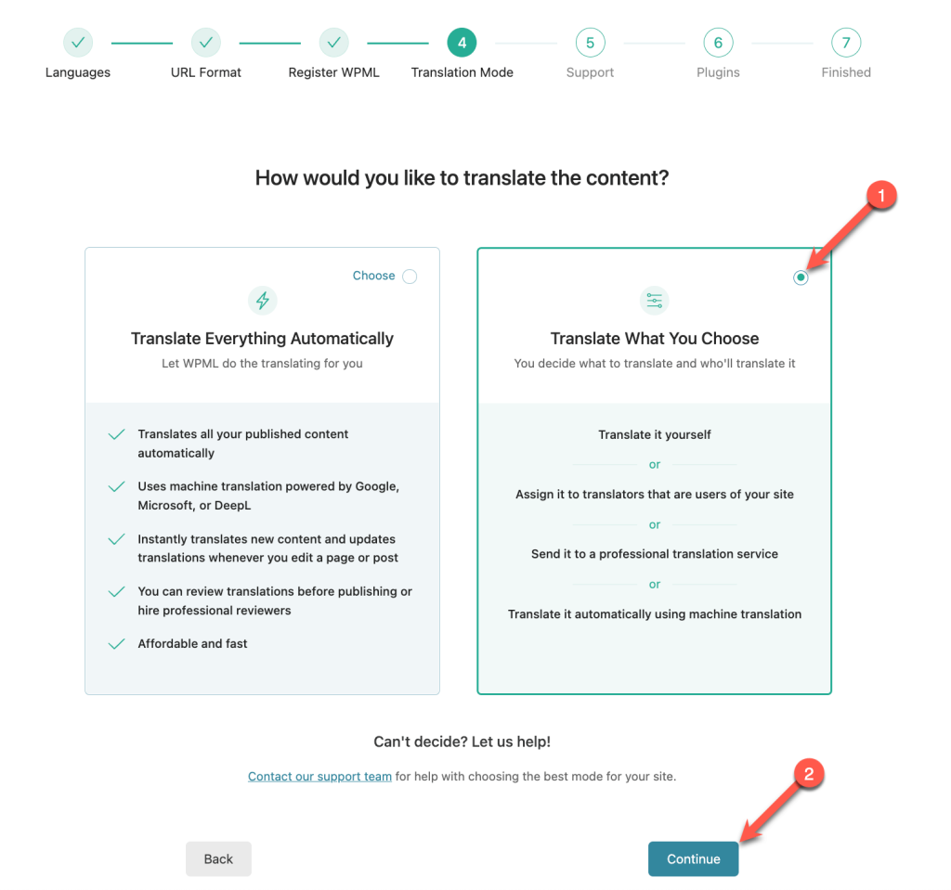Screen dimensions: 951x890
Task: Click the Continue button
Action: pyautogui.click(x=693, y=858)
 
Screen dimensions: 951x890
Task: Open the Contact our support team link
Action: pyautogui.click(x=319, y=776)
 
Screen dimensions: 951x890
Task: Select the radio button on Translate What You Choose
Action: pyautogui.click(x=801, y=277)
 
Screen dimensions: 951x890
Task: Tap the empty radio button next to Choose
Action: pyautogui.click(x=410, y=277)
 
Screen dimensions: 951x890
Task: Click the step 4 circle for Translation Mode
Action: pyautogui.click(x=462, y=43)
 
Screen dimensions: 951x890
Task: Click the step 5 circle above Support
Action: pyautogui.click(x=590, y=43)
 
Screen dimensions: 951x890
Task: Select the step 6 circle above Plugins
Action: pyautogui.click(x=718, y=43)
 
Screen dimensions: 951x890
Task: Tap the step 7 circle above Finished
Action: pyautogui.click(x=846, y=43)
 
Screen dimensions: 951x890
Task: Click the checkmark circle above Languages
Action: pyautogui.click(x=78, y=43)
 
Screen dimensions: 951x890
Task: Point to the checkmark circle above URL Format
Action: pyautogui.click(x=206, y=43)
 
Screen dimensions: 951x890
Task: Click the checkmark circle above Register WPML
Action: pyautogui.click(x=334, y=43)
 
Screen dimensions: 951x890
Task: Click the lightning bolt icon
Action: pyautogui.click(x=263, y=300)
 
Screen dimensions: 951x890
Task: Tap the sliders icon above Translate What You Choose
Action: pyautogui.click(x=655, y=300)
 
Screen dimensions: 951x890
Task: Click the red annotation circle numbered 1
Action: pyautogui.click(x=881, y=195)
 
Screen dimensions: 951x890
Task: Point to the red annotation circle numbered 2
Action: pyautogui.click(x=809, y=774)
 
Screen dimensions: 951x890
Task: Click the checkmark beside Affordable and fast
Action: pyautogui.click(x=116, y=643)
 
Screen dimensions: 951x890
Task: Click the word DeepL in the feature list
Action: pyautogui.click(x=232, y=505)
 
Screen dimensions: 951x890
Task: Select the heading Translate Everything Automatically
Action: pyautogui.click(x=262, y=339)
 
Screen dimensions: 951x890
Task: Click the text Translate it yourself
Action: pyautogui.click(x=655, y=434)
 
